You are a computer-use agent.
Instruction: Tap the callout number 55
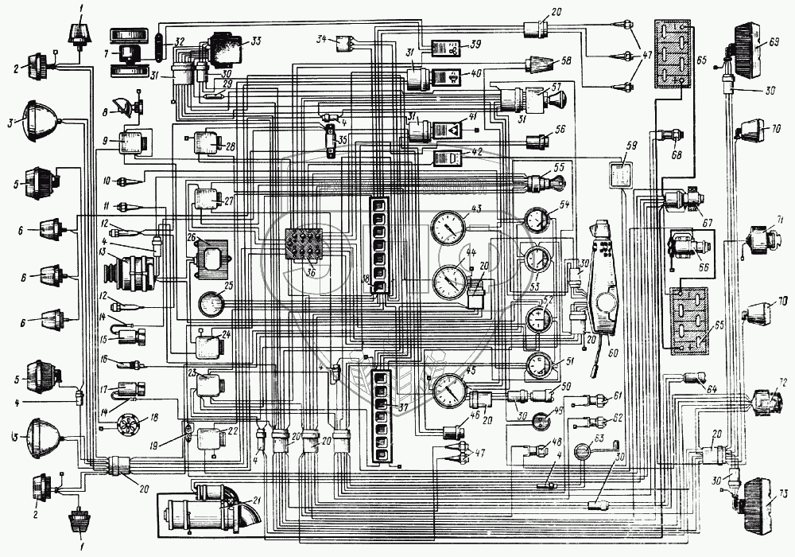[x=560, y=168]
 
